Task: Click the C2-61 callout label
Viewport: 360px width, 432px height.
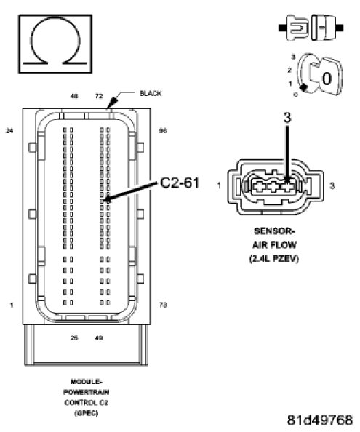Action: click(x=180, y=183)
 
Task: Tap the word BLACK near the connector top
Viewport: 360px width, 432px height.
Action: click(x=151, y=94)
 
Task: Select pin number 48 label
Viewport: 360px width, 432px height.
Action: click(x=74, y=96)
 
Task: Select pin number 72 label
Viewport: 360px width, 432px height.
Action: click(x=99, y=96)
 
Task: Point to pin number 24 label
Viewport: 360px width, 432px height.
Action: click(x=9, y=131)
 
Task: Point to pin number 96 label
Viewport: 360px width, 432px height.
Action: click(x=163, y=131)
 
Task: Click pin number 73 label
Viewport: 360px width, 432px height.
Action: click(x=163, y=305)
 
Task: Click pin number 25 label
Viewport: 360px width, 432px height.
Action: click(x=74, y=338)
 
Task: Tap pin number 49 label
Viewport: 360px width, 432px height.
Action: click(x=99, y=338)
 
